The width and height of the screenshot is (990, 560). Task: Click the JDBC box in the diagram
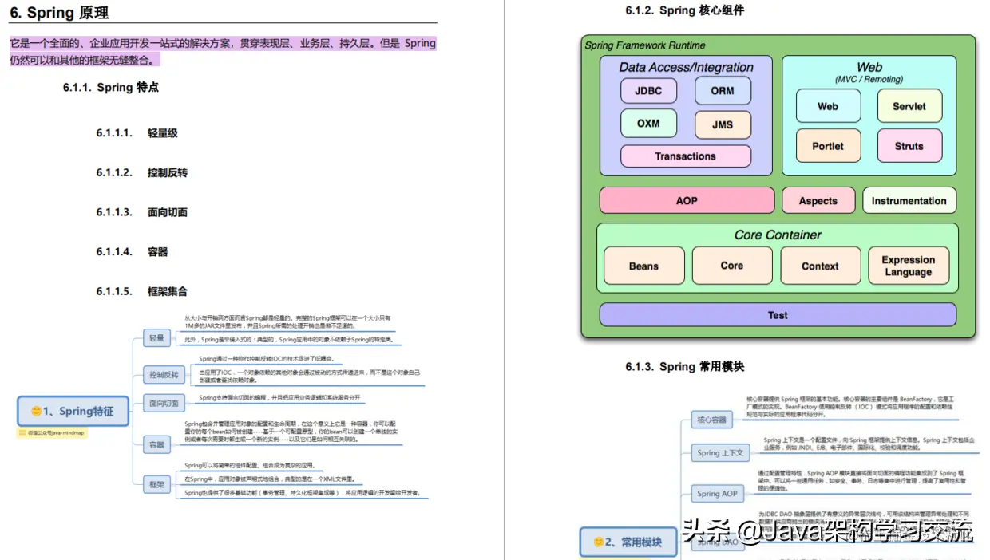(x=648, y=91)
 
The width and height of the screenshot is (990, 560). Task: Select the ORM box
(x=722, y=91)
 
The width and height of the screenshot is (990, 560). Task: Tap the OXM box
(x=648, y=124)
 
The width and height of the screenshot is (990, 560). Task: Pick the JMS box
(x=722, y=124)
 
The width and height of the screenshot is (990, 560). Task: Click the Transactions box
(x=685, y=156)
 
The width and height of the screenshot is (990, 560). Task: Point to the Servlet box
(x=909, y=106)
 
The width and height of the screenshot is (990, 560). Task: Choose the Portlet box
(x=828, y=146)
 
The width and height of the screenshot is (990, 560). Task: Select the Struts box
(x=909, y=146)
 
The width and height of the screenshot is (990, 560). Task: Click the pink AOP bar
(x=687, y=200)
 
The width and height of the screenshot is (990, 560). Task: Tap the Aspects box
(x=818, y=201)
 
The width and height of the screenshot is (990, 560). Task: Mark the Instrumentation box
(x=909, y=201)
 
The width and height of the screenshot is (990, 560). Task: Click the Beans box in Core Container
(x=643, y=266)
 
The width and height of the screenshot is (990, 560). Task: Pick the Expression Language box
(x=909, y=266)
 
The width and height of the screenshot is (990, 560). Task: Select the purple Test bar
(x=777, y=315)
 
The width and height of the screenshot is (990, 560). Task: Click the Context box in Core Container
(x=820, y=266)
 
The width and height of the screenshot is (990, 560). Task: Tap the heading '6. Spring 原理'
(x=59, y=13)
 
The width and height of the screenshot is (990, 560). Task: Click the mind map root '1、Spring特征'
(x=73, y=412)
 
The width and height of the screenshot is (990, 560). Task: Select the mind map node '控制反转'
(x=164, y=374)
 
